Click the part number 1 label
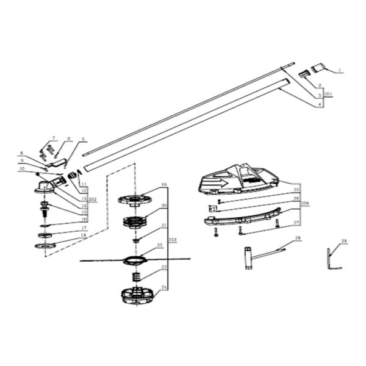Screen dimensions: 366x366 tap(340, 72)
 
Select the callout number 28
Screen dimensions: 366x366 tap(298, 237)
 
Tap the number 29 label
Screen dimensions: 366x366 tap(344, 242)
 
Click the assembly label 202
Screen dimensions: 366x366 tap(93, 199)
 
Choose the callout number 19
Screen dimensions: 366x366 tap(163, 184)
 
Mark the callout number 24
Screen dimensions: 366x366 tap(163, 287)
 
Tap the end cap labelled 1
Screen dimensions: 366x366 tap(318, 66)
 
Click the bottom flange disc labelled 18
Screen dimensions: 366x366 tap(45, 246)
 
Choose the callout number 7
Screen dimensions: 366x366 tap(53, 138)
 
